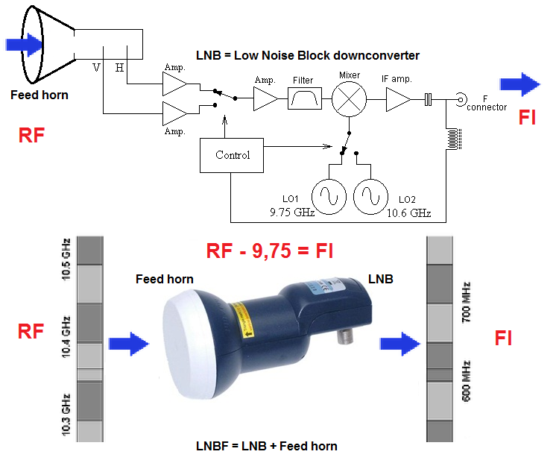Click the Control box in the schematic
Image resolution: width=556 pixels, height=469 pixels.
(x=233, y=155)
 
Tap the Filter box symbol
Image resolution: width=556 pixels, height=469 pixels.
(x=304, y=98)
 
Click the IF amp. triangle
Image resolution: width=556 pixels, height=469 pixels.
(x=397, y=98)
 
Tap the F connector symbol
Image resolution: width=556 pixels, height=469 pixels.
(x=462, y=98)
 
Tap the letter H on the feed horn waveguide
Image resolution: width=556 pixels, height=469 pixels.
(x=119, y=68)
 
